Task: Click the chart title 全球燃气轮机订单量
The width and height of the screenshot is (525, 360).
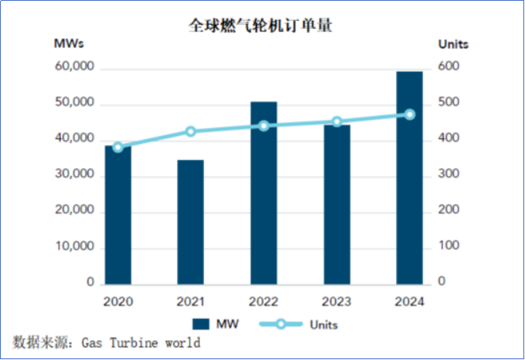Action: coord(261,25)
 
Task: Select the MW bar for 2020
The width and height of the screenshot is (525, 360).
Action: coord(117,214)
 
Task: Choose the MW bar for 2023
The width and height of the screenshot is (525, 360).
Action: coord(337,204)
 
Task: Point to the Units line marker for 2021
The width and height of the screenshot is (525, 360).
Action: coord(190,131)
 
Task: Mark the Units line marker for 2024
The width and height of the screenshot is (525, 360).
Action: coord(409,115)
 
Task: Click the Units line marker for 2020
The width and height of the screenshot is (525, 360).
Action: coord(118,147)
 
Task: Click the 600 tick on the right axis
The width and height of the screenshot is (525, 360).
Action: coord(449,68)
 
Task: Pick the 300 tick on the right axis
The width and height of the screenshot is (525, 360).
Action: coord(449,175)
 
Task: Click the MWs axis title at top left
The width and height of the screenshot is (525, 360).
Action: coord(69,43)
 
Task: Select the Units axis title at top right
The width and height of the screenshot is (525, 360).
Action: coord(453,43)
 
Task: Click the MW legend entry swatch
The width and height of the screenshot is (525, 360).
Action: coord(201,324)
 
